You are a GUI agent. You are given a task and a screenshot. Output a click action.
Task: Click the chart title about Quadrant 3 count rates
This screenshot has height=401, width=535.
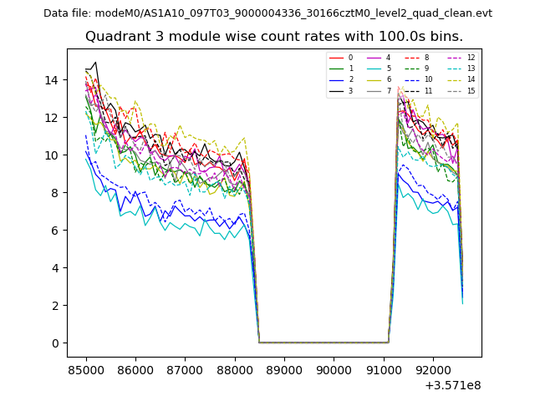(x=285, y=37)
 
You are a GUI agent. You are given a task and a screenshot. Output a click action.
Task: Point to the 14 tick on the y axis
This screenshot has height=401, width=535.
(x=51, y=80)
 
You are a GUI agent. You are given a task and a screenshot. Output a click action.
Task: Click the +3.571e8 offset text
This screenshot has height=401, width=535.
(x=453, y=385)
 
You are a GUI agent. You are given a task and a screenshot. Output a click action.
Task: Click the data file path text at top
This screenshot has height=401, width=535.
(x=267, y=13)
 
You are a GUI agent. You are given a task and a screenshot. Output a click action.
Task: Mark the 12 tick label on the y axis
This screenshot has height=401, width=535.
(x=51, y=118)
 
